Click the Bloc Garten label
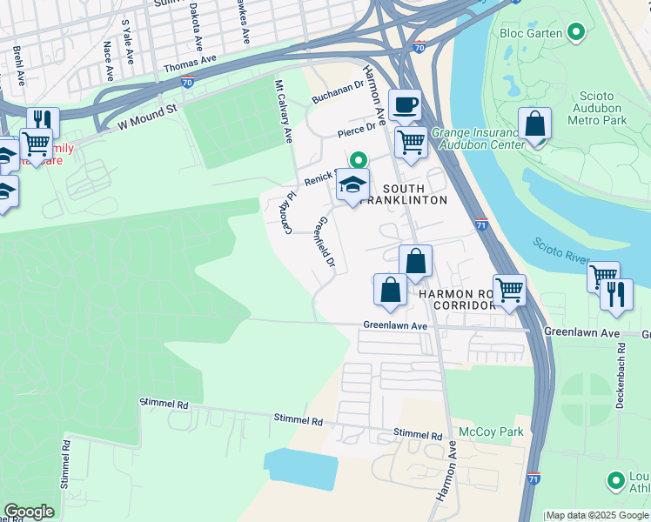point(531,34)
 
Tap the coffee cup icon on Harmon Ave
point(405,106)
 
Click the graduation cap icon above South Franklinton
point(352,185)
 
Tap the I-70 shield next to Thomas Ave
point(187,83)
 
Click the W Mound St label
point(147,116)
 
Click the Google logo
point(29,512)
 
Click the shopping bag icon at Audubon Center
point(534,124)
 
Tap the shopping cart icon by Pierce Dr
point(410,140)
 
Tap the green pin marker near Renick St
point(358,160)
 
